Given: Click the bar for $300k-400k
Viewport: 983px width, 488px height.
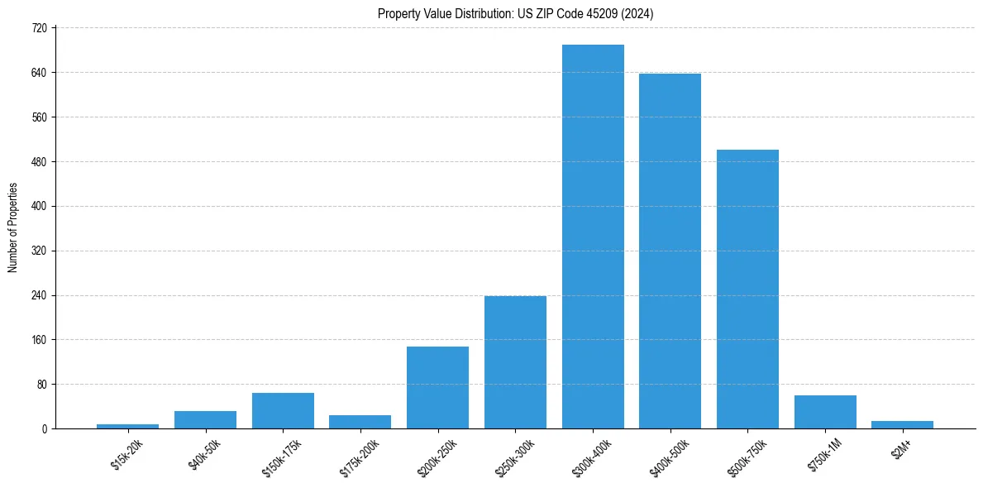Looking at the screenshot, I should click(593, 237).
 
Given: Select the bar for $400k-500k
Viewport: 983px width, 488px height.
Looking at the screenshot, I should click(670, 251).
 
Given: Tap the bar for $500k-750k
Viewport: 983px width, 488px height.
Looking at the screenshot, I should click(747, 289).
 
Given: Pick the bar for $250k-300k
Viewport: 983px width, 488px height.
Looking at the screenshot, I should click(515, 362).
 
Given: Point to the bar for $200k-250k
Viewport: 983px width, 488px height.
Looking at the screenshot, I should click(437, 387).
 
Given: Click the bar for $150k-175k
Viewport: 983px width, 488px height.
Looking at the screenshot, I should click(283, 410).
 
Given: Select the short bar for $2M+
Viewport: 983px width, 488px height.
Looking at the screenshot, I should click(902, 424).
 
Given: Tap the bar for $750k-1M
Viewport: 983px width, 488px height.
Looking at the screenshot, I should click(825, 412).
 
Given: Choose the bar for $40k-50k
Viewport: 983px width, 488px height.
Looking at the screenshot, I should click(205, 419).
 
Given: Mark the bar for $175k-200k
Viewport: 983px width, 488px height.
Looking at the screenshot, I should click(360, 422).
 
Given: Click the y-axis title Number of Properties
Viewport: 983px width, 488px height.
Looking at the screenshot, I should click(12, 227).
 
